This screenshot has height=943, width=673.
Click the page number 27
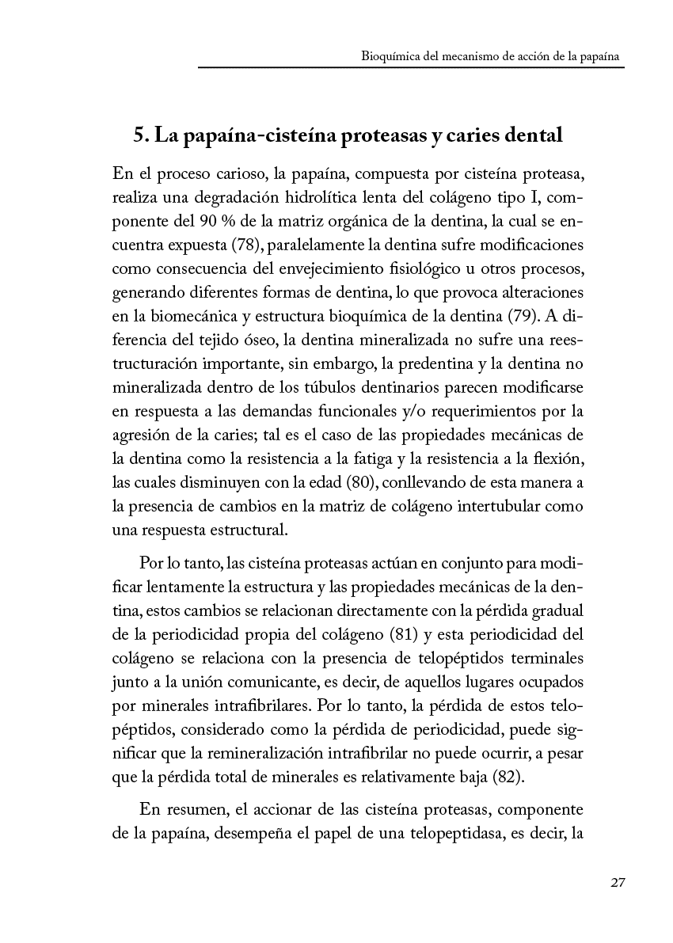tap(618, 883)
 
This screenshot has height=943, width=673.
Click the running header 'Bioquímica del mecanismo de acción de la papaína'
tap(489, 57)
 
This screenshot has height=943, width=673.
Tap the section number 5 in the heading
tap(139, 135)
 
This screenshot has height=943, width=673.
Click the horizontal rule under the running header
tap(411, 68)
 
